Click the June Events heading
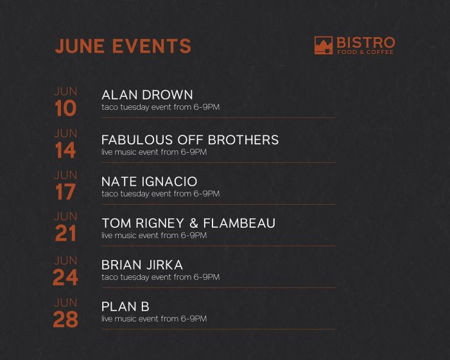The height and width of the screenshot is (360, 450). point(123,46)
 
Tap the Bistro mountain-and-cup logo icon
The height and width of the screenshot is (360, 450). point(324,46)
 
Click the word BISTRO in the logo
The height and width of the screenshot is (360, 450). point(366,43)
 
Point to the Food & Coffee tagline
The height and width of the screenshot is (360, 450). point(365,52)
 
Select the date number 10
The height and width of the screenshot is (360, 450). point(65,108)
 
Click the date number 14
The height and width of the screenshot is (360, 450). point(65,150)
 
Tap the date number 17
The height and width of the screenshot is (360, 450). point(65,192)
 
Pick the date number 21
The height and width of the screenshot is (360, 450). point(65,233)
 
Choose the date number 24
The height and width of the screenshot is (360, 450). point(65,277)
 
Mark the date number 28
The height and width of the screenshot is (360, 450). point(65,320)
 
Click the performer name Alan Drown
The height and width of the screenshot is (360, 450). point(147,95)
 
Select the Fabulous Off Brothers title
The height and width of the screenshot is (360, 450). point(190,140)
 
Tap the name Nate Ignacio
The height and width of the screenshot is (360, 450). point(149,182)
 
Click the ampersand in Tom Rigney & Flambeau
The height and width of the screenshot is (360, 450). point(194,223)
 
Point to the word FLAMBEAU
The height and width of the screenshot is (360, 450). point(239,223)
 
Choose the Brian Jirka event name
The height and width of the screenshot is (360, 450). point(142,265)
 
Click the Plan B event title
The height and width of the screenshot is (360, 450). point(125,307)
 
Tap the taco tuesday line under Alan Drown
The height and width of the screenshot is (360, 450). point(160,107)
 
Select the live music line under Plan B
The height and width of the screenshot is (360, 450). point(154,319)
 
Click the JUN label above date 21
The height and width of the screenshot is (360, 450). point(65,216)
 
